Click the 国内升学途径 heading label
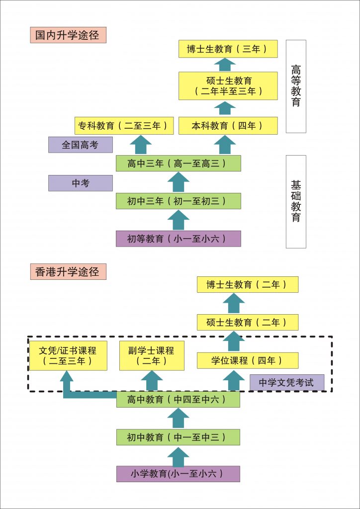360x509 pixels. (68, 35)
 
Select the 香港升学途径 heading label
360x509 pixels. (68, 271)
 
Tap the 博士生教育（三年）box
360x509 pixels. (228, 49)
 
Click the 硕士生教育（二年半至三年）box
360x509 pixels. (228, 86)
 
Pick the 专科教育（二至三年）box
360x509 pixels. (124, 126)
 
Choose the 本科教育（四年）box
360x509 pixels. (228, 126)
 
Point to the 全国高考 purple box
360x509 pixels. (81, 145)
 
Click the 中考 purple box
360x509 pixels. (81, 183)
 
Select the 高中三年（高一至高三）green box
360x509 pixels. (178, 163)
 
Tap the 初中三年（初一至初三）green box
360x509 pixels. (178, 201)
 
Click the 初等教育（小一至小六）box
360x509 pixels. (178, 239)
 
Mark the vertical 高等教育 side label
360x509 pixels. (296, 86)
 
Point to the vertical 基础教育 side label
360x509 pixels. (296, 201)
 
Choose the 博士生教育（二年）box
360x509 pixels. (248, 284)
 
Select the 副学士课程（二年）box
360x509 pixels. (152, 355)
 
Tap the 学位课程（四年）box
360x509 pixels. (248, 360)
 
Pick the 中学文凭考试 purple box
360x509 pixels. (287, 383)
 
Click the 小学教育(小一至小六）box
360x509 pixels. (178, 474)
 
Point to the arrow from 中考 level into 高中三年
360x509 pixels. (178, 182)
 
